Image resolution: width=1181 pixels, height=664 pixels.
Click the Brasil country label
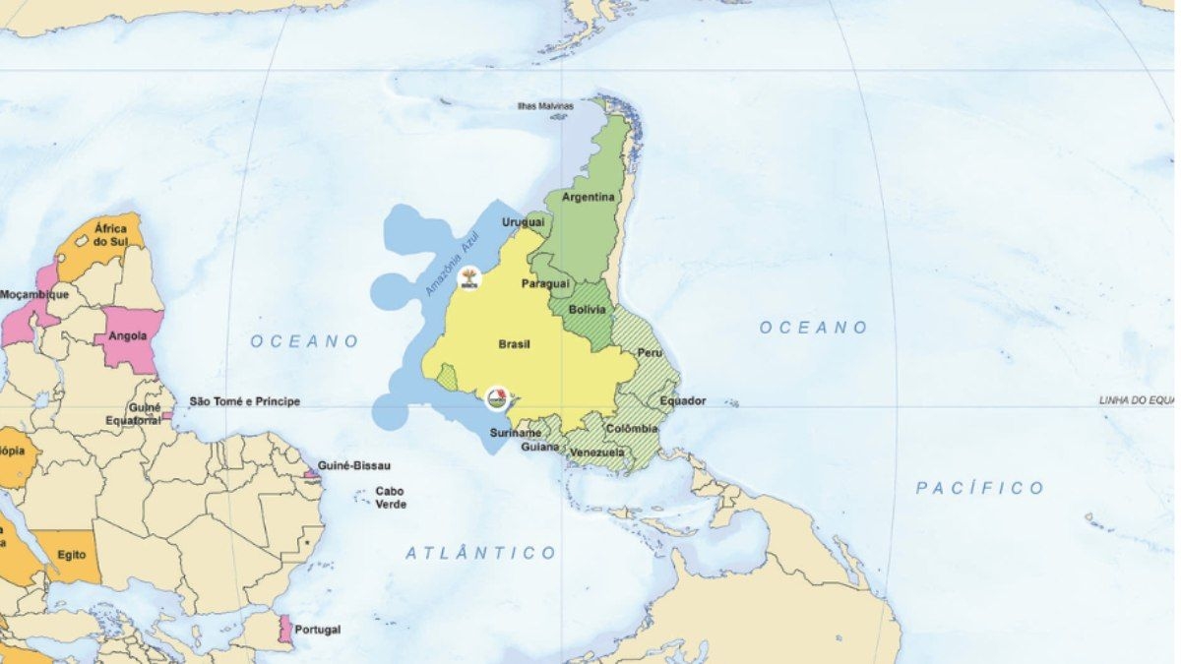coord(515,344)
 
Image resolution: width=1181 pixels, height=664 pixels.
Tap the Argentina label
coord(588,197)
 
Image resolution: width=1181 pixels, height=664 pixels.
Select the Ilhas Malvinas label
coord(546,105)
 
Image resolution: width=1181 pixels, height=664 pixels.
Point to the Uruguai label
coord(523,222)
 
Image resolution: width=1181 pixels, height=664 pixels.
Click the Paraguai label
coord(545,283)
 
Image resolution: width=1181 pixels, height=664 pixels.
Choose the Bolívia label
coord(588,309)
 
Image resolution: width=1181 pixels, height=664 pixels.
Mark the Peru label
coord(650,352)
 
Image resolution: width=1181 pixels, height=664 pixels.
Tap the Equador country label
coord(683,401)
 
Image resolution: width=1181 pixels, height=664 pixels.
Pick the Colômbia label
coord(632,429)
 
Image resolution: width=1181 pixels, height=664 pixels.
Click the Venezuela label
coord(597,453)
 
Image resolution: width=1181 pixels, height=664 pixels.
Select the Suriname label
coord(516,433)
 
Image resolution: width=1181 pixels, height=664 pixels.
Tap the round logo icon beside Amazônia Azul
coord(469,278)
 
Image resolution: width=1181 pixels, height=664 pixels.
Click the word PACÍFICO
coord(979,488)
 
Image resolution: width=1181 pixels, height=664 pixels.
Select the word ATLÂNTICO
coord(481,553)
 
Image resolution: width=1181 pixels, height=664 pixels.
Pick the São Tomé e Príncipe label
coord(244,401)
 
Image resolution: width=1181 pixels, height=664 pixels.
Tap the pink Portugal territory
coord(285,629)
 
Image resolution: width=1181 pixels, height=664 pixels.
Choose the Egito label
coord(71,555)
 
